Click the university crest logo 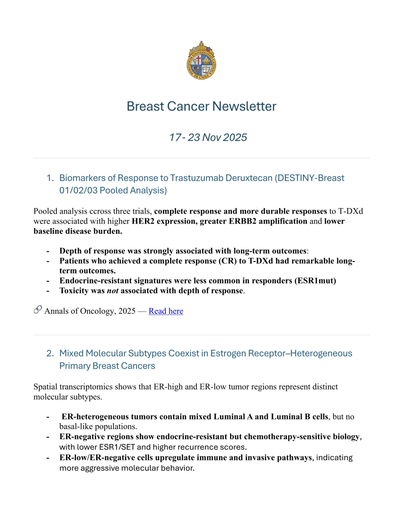pyautogui.click(x=201, y=60)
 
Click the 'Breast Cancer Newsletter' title pyautogui.click(x=201, y=106)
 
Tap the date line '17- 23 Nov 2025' pyautogui.click(x=208, y=137)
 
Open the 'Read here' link pyautogui.click(x=166, y=311)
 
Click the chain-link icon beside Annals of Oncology pyautogui.click(x=38, y=310)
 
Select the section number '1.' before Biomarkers pyautogui.click(x=50, y=178)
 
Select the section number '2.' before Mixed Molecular pyautogui.click(x=50, y=353)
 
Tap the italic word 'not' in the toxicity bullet pyautogui.click(x=112, y=291)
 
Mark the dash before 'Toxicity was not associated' pyautogui.click(x=48, y=291)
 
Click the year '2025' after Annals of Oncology pyautogui.click(x=127, y=311)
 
